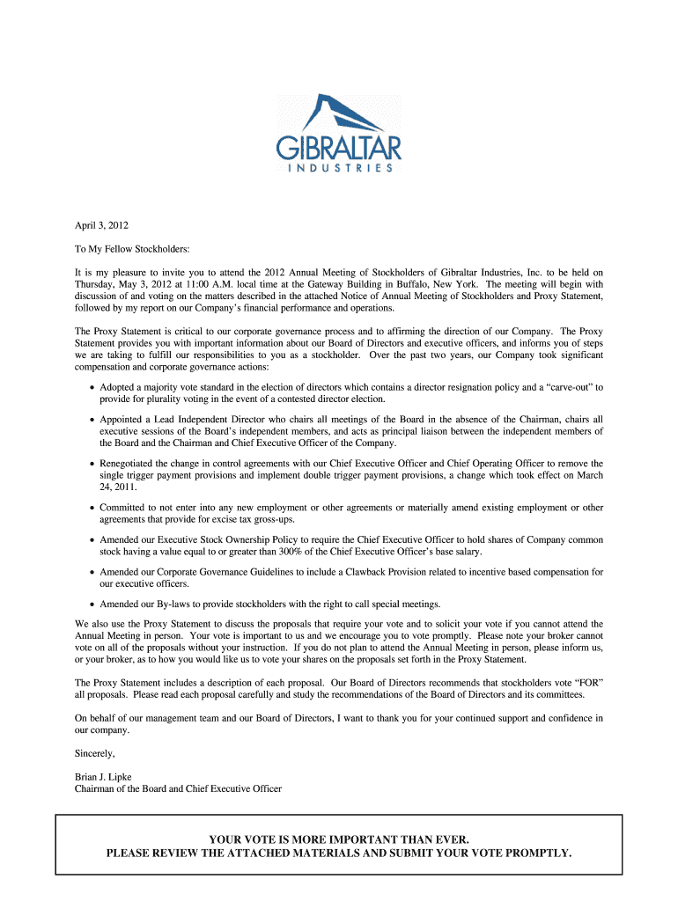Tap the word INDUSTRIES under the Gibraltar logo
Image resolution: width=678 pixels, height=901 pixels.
339,167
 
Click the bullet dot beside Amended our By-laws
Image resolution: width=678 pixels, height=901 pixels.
92,604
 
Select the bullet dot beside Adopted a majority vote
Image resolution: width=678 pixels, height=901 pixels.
92,387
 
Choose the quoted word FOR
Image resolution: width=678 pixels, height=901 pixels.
586,682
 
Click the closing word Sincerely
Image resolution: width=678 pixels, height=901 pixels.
95,754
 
